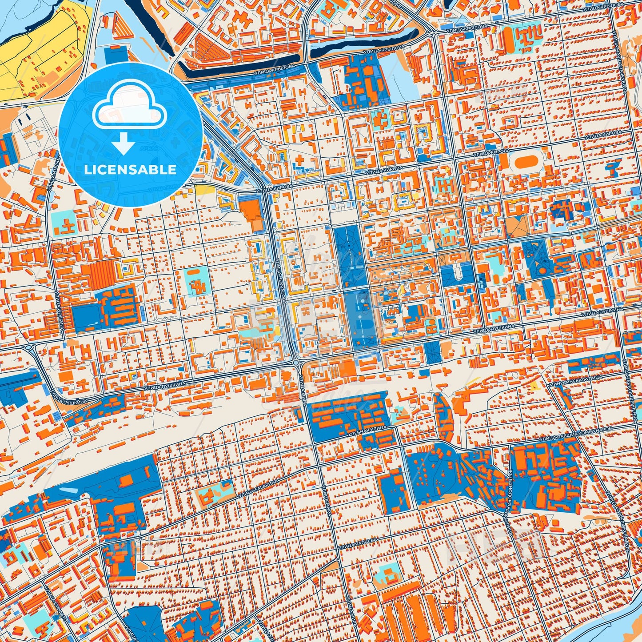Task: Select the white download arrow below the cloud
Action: (x=124, y=144)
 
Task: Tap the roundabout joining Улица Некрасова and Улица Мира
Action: (x=296, y=364)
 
